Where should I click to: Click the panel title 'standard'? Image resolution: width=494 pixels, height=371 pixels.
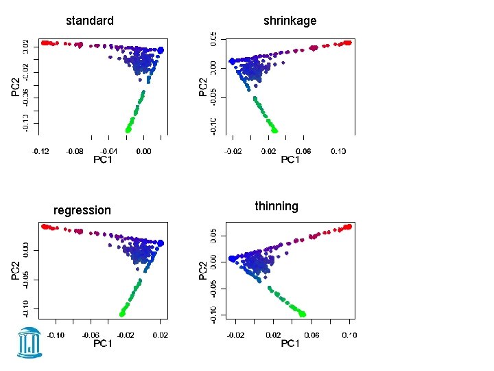pos(90,21)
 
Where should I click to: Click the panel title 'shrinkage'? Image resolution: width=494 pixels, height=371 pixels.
pos(290,21)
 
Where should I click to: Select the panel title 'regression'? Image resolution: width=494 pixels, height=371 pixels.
pos(82,210)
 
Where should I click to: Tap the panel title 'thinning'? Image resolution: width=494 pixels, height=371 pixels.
pos(277,206)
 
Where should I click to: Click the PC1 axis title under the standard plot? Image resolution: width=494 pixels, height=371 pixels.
pos(103,159)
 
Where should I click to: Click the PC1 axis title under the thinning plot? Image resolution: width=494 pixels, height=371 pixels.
pos(290,344)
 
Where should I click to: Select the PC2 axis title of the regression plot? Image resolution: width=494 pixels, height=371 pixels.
pos(15,269)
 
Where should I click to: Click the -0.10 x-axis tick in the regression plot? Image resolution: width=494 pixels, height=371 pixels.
pos(56,335)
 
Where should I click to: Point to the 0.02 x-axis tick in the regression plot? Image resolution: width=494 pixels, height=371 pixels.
pos(159,335)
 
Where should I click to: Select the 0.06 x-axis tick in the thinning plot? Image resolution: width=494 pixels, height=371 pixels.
pos(311,335)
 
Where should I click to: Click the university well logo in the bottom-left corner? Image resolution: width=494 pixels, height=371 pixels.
pos(30,341)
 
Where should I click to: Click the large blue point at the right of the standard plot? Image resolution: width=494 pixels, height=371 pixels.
pos(161,49)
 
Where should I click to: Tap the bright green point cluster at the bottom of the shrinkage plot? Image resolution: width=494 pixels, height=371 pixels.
pos(274,128)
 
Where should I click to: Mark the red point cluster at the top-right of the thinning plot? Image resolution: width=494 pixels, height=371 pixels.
pos(347,227)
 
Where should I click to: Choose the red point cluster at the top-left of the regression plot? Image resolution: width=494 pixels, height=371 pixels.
pos(46,226)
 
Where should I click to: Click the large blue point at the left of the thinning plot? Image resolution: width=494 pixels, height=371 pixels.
pos(232,259)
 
